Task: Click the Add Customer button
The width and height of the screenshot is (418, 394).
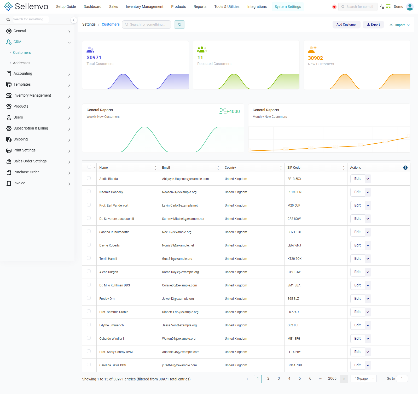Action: click(x=346, y=25)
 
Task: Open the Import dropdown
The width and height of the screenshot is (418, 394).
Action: click(x=399, y=25)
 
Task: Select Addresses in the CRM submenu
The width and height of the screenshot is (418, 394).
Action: click(x=22, y=63)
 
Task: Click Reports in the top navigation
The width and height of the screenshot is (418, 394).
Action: click(x=200, y=7)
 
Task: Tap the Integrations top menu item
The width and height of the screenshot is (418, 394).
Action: click(x=257, y=7)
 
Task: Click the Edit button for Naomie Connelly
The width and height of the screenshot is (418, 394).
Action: click(x=357, y=192)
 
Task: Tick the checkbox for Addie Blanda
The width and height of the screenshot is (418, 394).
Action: click(x=89, y=178)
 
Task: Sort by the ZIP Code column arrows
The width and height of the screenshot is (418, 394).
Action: click(x=344, y=168)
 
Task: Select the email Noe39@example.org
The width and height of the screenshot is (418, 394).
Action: click(x=177, y=232)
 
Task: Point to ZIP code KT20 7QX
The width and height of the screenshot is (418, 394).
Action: click(x=294, y=259)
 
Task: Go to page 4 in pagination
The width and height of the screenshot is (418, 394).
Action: click(x=289, y=379)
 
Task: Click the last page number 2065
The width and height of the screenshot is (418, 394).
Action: click(x=332, y=379)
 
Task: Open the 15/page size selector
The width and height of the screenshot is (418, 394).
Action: click(x=364, y=379)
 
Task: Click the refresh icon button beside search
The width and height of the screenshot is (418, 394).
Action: click(x=179, y=25)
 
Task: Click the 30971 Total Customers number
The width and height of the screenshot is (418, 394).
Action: click(x=94, y=58)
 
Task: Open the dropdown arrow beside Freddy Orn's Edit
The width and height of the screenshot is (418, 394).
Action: click(x=368, y=299)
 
